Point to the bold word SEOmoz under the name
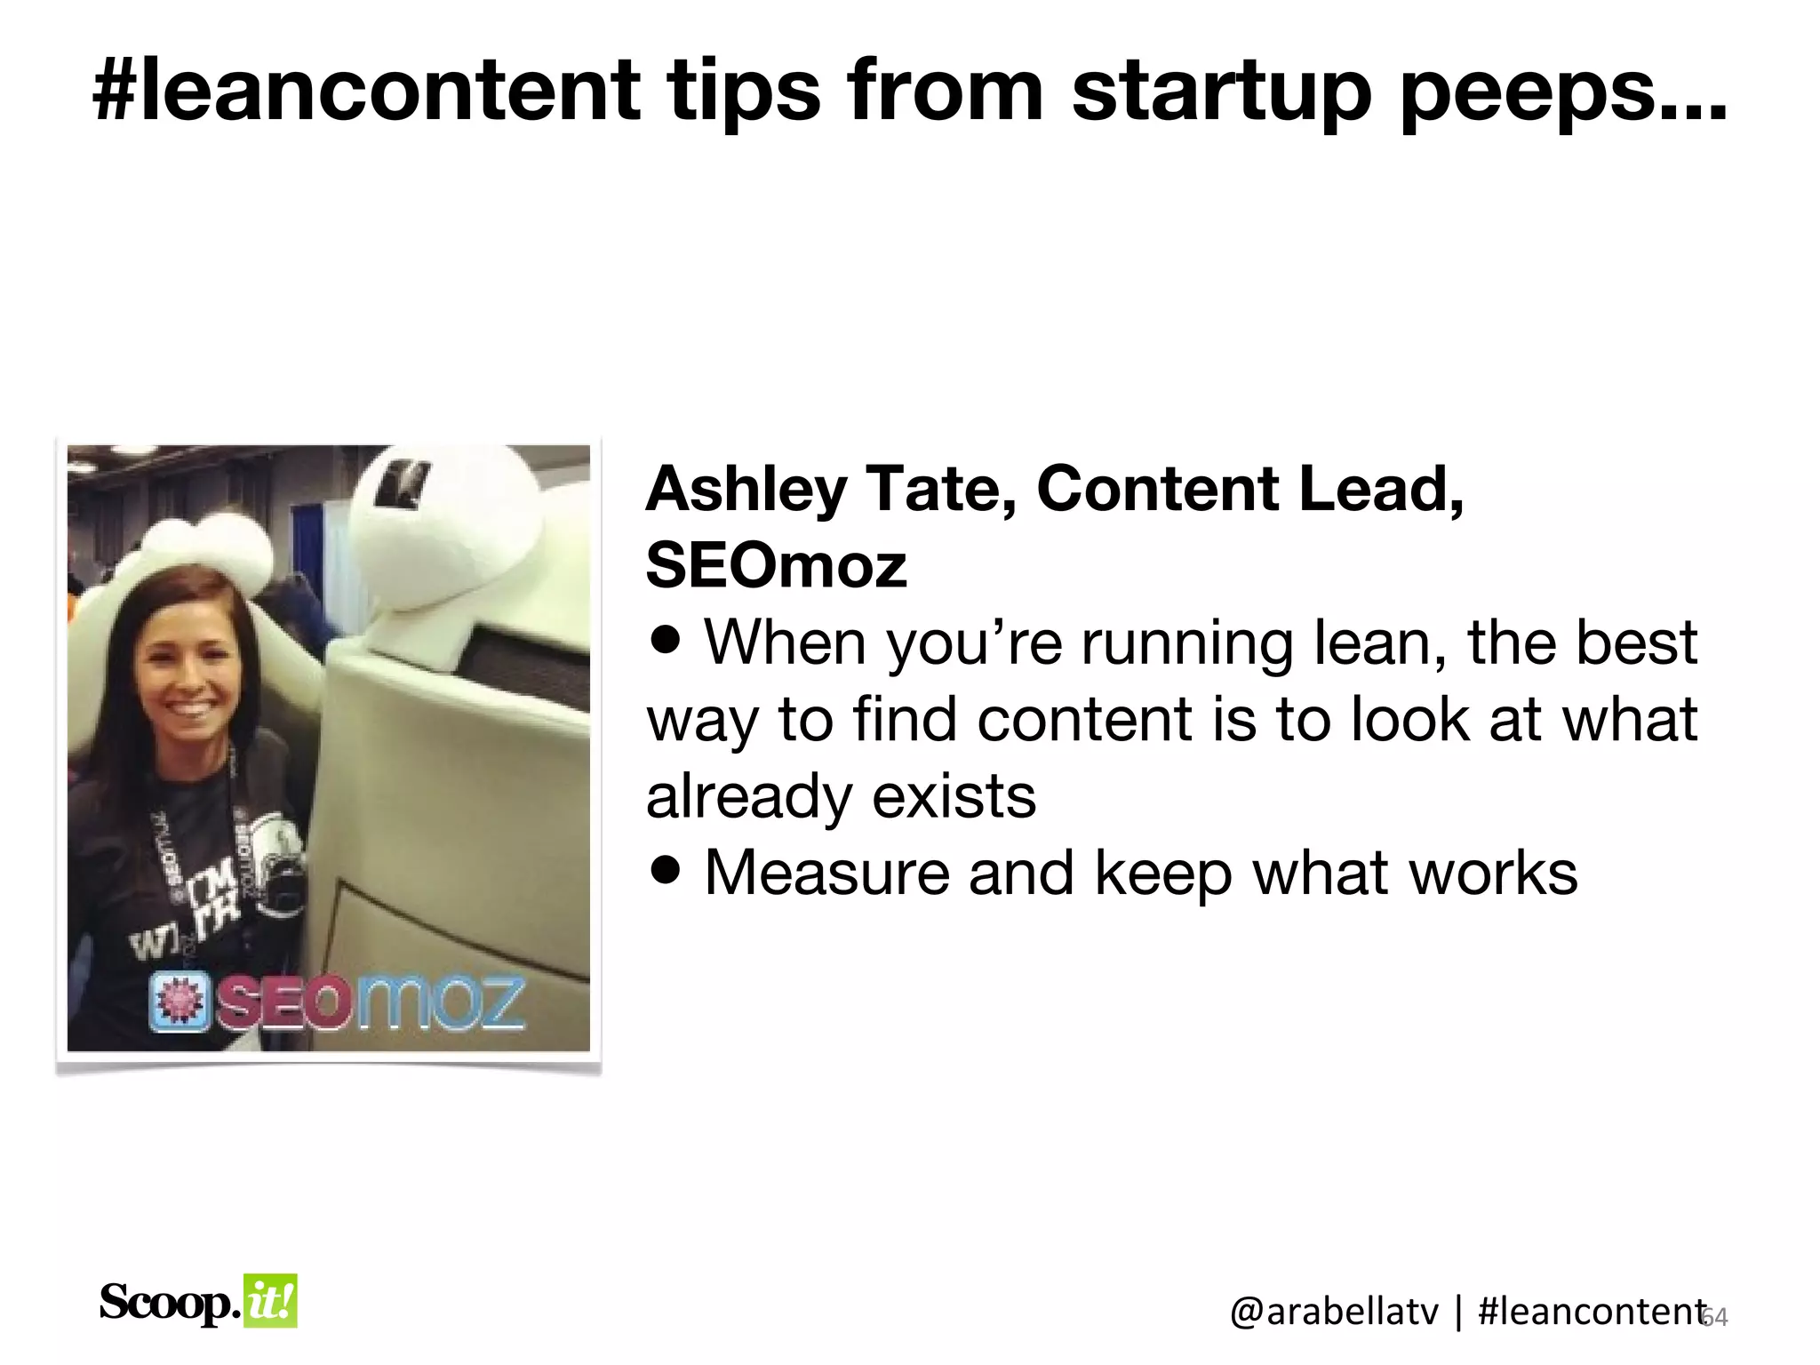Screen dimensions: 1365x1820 (x=776, y=566)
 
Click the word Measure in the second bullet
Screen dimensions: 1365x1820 (x=826, y=873)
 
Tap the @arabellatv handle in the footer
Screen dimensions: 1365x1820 (x=1333, y=1312)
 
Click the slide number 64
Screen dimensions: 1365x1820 (x=1715, y=1317)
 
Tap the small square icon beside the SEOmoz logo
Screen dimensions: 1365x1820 (x=180, y=1002)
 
